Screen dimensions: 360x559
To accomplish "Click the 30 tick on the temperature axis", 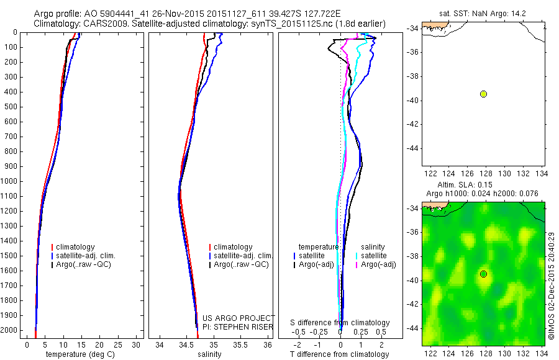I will click(136, 344).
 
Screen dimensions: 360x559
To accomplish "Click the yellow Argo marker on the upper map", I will click(483, 94).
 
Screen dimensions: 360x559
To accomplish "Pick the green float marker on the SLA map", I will click(483, 274).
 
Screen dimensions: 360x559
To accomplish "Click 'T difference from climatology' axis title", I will click(340, 354).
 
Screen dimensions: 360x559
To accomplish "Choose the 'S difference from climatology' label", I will click(340, 323).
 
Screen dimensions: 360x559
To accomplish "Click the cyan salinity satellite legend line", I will click(357, 255).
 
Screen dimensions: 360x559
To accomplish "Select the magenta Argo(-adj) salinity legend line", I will click(357, 264).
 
